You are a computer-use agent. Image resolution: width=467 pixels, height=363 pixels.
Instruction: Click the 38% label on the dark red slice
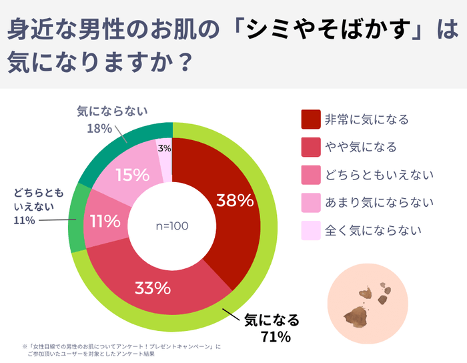pos(235,200)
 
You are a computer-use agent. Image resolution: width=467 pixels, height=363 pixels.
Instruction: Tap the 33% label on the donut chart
pos(153,288)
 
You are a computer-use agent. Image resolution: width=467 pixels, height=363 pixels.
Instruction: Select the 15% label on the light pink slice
pos(132,175)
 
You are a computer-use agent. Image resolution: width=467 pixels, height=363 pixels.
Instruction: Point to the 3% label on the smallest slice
pos(164,148)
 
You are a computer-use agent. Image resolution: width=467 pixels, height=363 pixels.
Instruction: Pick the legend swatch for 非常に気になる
pos(310,119)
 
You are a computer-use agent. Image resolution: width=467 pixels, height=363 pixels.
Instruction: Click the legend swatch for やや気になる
pos(310,147)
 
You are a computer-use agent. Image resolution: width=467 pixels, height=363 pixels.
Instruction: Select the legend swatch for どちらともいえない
pos(310,175)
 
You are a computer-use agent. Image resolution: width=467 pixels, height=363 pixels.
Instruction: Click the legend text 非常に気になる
pos(366,120)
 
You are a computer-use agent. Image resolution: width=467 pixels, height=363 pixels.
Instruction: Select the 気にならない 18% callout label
pos(111,119)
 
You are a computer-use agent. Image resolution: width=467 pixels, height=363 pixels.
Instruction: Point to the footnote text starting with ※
pos(120,350)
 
